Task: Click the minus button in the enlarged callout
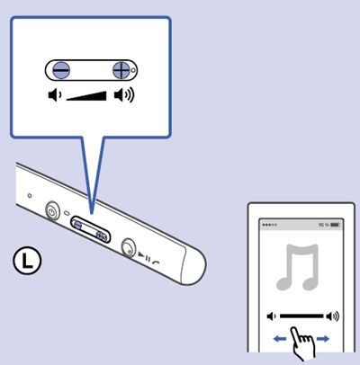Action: click(61, 70)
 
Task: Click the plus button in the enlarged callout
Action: click(121, 70)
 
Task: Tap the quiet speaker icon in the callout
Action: click(55, 95)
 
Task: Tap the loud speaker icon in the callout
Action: click(124, 95)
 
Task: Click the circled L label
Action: click(27, 260)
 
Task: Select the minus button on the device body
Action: click(77, 225)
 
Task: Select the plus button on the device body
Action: click(102, 236)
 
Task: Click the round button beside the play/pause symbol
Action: click(129, 247)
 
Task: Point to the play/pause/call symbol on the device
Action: click(148, 259)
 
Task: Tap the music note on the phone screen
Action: click(297, 267)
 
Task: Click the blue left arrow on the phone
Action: click(280, 339)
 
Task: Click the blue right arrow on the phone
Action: click(323, 339)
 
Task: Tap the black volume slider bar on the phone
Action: click(301, 316)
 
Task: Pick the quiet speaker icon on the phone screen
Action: click(271, 316)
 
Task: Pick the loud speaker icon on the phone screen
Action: click(333, 316)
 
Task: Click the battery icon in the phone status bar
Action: click(335, 225)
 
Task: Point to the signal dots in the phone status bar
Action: click(269, 225)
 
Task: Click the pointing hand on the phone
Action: click(303, 342)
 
